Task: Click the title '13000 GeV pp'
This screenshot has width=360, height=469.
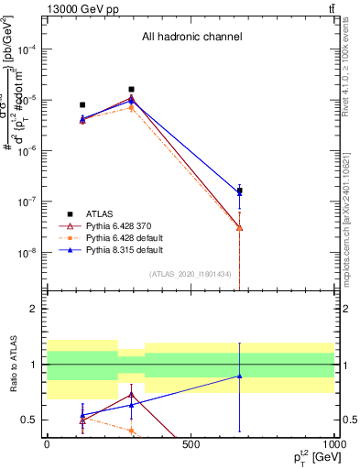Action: coord(78,8)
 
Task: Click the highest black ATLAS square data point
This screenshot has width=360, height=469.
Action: coord(132,90)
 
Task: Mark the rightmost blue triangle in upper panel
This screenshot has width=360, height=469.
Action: coord(240,193)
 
